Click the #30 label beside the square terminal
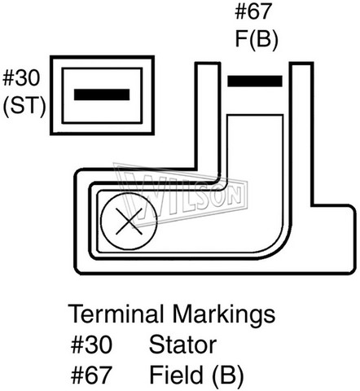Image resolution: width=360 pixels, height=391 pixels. tap(21, 78)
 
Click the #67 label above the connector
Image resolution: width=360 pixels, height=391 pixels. tap(253, 11)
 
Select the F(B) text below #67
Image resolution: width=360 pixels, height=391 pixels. tap(257, 40)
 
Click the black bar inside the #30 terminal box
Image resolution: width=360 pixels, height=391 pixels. tap(102, 94)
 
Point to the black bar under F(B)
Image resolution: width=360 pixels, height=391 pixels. tap(255, 81)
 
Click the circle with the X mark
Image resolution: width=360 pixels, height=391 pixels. tap(129, 222)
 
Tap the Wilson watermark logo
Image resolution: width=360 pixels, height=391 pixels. tap(181, 195)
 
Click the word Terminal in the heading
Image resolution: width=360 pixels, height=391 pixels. tap(116, 314)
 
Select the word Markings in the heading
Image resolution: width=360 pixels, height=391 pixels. tap(224, 316)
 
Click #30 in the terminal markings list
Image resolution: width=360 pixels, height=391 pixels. tap(91, 345)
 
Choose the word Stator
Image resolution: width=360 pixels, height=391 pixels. tap(182, 345)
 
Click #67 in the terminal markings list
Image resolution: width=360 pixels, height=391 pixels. tap(91, 375)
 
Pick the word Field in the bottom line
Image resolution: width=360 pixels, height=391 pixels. tap(176, 375)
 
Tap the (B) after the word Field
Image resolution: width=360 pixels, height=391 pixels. tap(227, 376)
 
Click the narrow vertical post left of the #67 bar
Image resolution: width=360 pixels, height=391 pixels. tap(208, 116)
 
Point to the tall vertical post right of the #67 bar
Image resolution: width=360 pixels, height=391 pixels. tap(301, 133)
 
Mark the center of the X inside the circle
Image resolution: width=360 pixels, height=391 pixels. tap(129, 222)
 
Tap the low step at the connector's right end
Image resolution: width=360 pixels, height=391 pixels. tap(334, 239)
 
